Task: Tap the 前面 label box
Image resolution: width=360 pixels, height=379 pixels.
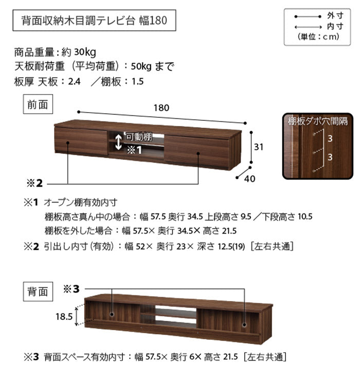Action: [38, 104]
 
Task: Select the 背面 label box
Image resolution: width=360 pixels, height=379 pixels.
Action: [38, 292]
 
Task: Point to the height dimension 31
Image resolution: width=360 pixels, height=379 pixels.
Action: [258, 147]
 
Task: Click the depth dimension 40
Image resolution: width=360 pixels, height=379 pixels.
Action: [250, 178]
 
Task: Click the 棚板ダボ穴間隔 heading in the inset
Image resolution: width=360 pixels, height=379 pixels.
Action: [317, 122]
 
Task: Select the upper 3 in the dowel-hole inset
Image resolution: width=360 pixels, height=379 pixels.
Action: [331, 139]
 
